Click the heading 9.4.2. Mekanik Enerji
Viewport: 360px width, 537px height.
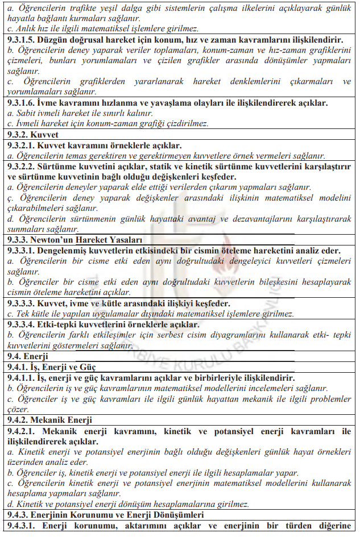tap(49, 420)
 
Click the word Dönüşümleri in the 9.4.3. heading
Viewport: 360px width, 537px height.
tap(169, 515)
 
